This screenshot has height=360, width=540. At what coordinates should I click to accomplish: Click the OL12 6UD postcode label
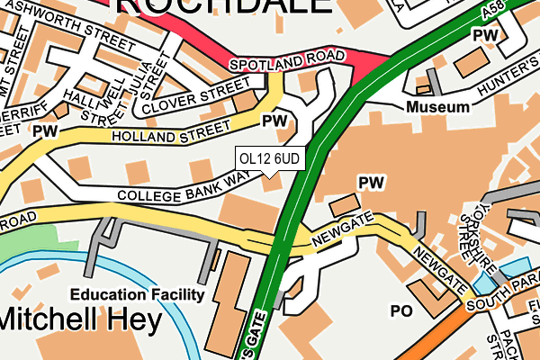269,159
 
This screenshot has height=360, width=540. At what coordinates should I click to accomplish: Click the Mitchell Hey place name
81,319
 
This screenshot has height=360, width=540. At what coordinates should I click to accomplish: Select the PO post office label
400,310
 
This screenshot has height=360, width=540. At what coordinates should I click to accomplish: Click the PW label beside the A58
486,34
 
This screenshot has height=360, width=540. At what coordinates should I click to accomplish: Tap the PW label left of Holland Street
43,131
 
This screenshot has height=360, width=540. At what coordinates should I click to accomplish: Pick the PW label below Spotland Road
274,120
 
